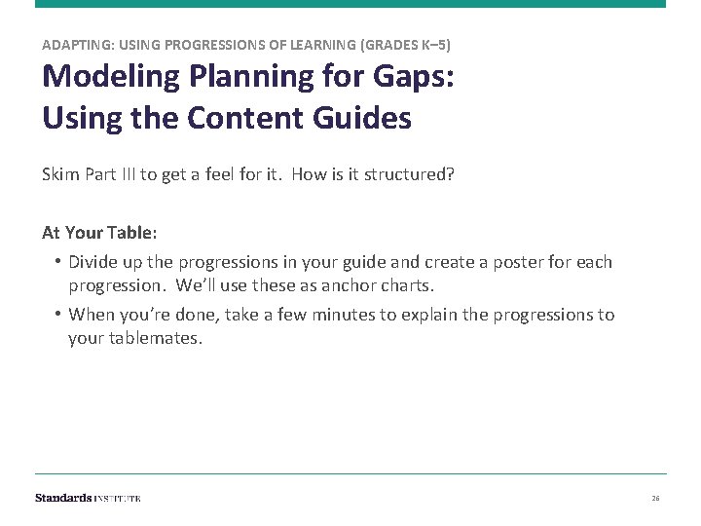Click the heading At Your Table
coord(98,233)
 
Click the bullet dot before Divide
coord(58,262)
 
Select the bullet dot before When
coord(58,315)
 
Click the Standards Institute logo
coord(88,498)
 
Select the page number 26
coord(655,499)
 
